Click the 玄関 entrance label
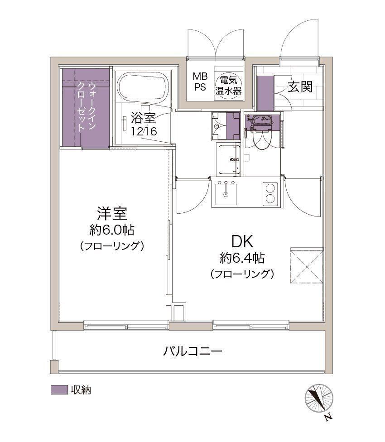tap(300, 87)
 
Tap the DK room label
tap(242, 241)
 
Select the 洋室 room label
tap(112, 213)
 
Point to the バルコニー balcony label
tap(193, 351)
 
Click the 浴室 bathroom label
tap(144, 118)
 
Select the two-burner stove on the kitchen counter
tap(270, 194)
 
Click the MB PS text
tap(200, 82)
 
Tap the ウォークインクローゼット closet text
tap(87, 106)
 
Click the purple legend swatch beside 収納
tap(59, 390)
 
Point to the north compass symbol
tap(319, 399)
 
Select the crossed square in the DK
tap(307, 265)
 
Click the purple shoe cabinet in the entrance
tap(265, 93)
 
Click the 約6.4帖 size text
tap(242, 258)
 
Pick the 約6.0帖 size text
tap(112, 230)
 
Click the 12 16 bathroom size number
tap(144, 131)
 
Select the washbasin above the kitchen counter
tap(229, 159)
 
